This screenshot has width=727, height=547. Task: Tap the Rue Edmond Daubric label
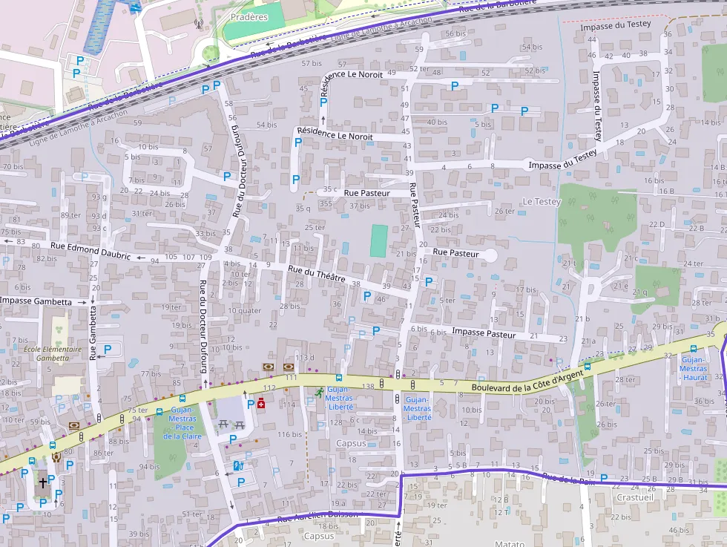[x=91, y=251]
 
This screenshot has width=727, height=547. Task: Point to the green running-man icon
[x=319, y=392]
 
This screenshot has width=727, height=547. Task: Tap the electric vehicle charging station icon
[x=237, y=466]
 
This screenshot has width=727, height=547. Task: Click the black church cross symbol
[x=42, y=482]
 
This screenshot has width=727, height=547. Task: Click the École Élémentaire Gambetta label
[x=53, y=353]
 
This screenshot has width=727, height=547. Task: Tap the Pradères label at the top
[x=249, y=17]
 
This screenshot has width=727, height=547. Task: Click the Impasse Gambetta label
[x=36, y=301]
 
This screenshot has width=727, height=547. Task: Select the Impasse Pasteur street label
[x=483, y=333]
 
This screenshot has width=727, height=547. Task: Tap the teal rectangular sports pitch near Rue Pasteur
[x=378, y=241]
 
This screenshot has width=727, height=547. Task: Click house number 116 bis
[x=290, y=434]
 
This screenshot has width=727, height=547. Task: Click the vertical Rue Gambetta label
[x=93, y=334]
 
